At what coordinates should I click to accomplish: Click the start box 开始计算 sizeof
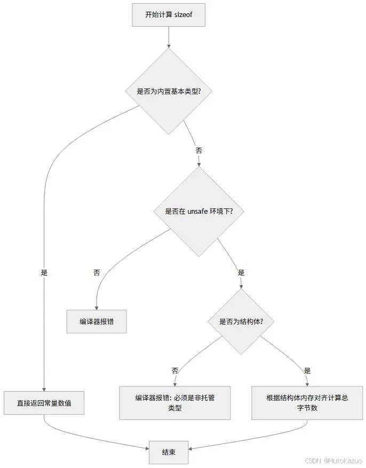tap(168, 15)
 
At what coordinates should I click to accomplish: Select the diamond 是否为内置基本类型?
tap(168, 91)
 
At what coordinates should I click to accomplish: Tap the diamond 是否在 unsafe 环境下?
tap(200, 211)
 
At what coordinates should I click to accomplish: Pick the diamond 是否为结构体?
tap(241, 321)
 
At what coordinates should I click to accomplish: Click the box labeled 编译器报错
tap(97, 321)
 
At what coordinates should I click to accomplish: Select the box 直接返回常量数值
tap(44, 404)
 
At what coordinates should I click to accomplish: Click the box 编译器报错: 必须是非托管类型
tap(175, 403)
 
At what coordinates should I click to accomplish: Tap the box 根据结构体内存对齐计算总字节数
tap(307, 403)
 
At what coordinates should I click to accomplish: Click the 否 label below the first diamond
tap(198, 150)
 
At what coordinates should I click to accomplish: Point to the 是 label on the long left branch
tap(44, 272)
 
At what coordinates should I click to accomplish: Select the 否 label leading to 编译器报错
tap(97, 272)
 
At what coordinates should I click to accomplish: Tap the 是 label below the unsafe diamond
tap(241, 272)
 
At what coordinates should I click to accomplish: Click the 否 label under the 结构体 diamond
tap(175, 370)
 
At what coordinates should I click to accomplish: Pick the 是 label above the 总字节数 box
tap(307, 370)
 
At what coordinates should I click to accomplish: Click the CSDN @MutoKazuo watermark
tap(333, 460)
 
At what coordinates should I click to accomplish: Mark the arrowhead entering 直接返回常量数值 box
tap(44, 389)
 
